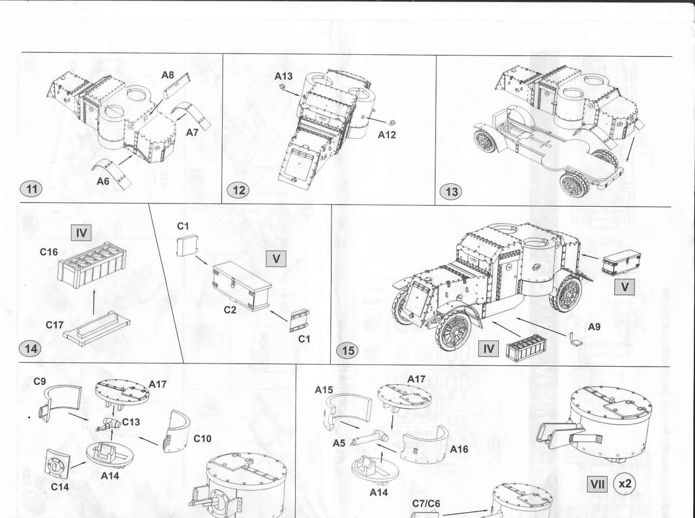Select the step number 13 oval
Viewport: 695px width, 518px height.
pyautogui.click(x=451, y=192)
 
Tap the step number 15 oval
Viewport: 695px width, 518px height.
pyautogui.click(x=348, y=350)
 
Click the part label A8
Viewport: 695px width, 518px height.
pyautogui.click(x=168, y=75)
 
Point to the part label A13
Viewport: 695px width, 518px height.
pyautogui.click(x=283, y=76)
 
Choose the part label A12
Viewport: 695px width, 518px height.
pyautogui.click(x=387, y=135)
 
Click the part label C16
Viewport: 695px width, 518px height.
pyautogui.click(x=49, y=252)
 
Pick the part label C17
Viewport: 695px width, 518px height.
pyautogui.click(x=54, y=325)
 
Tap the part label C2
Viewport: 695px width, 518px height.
pyautogui.click(x=229, y=310)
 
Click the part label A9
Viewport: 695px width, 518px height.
pyautogui.click(x=594, y=327)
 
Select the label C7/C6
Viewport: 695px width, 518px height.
pyautogui.click(x=426, y=504)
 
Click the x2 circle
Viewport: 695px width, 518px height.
pyautogui.click(x=625, y=484)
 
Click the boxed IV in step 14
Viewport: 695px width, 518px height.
pyautogui.click(x=81, y=233)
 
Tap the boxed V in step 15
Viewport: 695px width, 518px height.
pyautogui.click(x=625, y=287)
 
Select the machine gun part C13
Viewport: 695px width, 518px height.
pyautogui.click(x=108, y=425)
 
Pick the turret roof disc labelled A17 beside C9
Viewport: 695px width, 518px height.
pyautogui.click(x=122, y=394)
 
